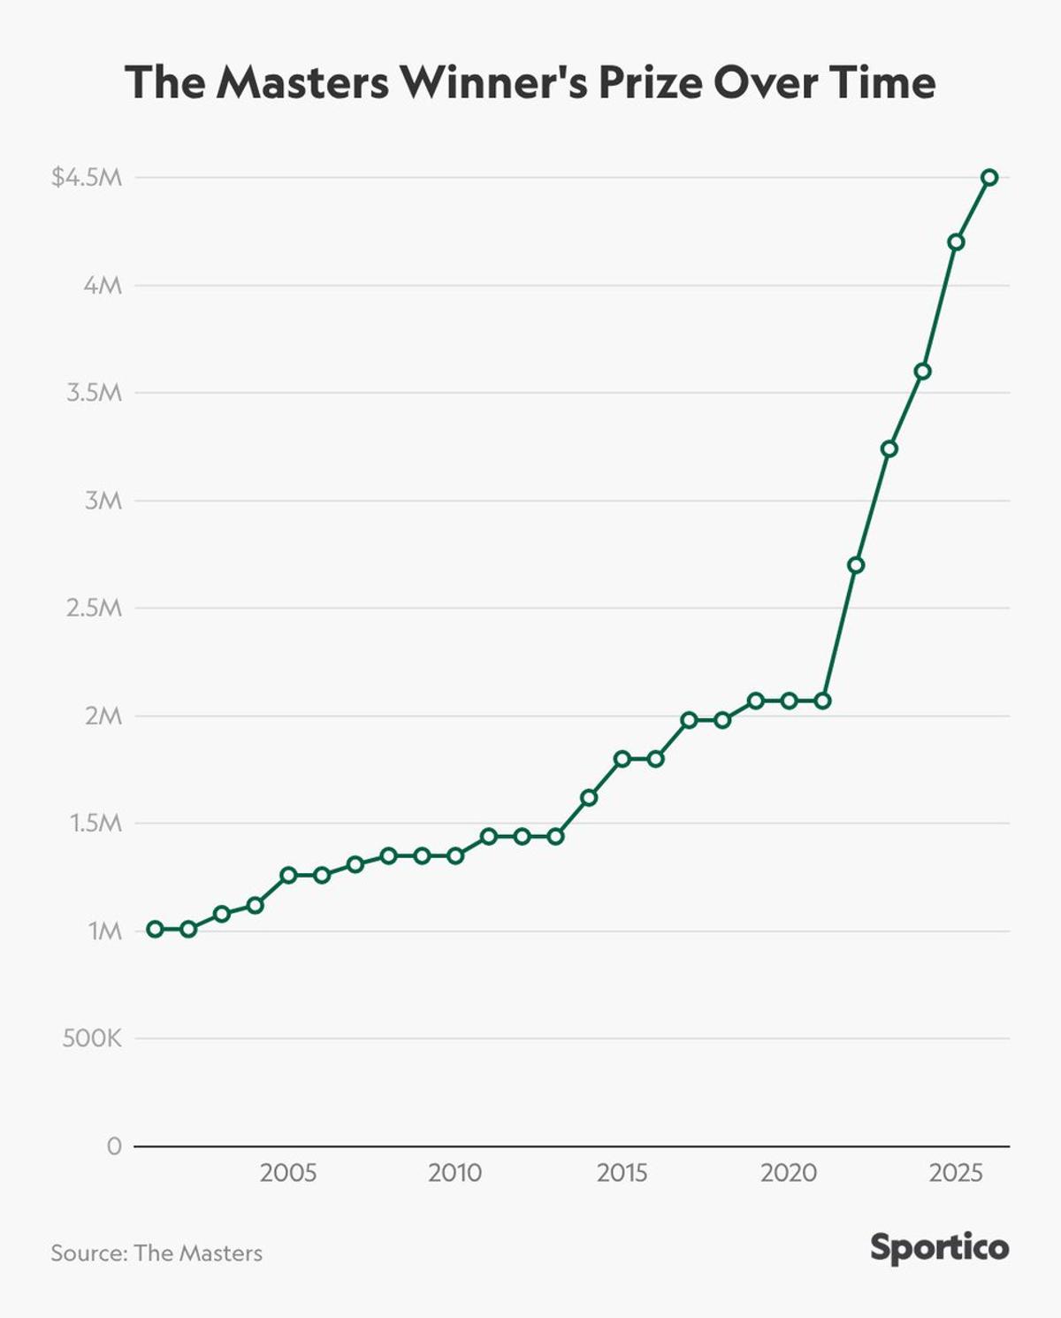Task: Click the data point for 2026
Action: [989, 178]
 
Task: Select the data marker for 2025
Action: [956, 242]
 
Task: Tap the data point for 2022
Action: [856, 565]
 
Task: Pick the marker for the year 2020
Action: [790, 701]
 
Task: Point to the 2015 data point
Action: [622, 759]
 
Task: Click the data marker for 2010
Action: [455, 855]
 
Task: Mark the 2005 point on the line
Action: [288, 875]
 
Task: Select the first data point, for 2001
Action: [155, 929]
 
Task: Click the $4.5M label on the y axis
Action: [87, 178]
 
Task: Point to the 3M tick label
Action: [103, 501]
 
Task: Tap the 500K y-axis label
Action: [92, 1038]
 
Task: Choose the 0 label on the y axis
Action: [114, 1146]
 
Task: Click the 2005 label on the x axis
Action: [288, 1174]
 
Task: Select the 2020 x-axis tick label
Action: [789, 1174]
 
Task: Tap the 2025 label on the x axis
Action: [956, 1174]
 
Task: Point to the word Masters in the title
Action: [302, 83]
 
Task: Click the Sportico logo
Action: [939, 1248]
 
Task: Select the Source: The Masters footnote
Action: [156, 1253]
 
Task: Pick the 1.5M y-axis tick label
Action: [95, 824]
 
